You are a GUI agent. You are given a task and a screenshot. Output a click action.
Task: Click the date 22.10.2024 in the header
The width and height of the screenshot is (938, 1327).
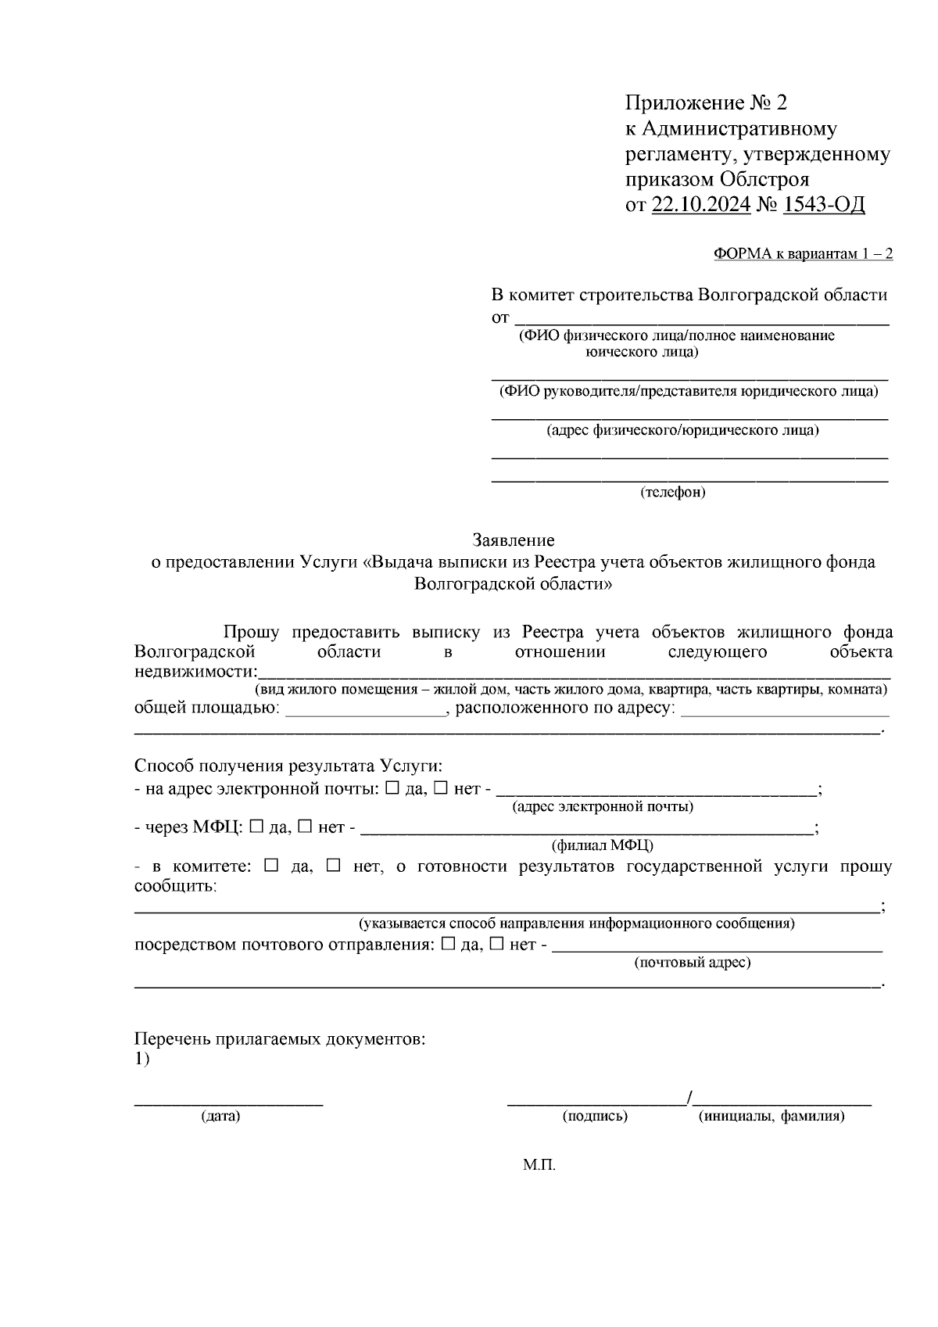[x=700, y=205]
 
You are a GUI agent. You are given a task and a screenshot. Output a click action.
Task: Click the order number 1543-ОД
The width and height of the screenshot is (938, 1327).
[x=824, y=205]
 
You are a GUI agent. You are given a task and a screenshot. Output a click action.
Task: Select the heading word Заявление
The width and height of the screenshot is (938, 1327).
[x=514, y=540]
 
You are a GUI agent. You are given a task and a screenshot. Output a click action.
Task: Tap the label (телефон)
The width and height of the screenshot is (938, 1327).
[x=673, y=493]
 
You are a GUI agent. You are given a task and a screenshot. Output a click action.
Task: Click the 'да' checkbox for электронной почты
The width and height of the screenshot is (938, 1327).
[x=392, y=788]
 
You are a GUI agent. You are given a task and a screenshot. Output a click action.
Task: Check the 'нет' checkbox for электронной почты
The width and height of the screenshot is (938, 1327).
[x=440, y=788]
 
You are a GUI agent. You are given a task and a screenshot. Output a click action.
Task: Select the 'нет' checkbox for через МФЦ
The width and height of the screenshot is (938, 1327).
[x=305, y=827]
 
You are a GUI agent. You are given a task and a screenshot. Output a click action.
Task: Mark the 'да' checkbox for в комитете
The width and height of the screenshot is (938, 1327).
[x=271, y=866]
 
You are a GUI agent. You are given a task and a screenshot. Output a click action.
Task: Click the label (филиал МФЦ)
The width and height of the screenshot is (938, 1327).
[x=603, y=845]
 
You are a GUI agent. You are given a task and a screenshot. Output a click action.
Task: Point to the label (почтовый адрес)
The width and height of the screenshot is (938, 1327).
[x=692, y=963]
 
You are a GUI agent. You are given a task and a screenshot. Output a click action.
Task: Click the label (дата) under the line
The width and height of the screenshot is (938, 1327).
[x=220, y=1117]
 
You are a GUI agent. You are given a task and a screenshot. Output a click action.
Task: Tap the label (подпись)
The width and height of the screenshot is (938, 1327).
[x=595, y=1117]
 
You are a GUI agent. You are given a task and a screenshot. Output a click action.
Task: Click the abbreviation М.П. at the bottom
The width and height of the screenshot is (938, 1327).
[x=539, y=1166]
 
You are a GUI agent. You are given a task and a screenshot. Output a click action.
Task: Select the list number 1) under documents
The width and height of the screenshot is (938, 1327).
[x=141, y=1060]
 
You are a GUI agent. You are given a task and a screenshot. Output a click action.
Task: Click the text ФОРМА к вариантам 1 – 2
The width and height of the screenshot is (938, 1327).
[x=803, y=255]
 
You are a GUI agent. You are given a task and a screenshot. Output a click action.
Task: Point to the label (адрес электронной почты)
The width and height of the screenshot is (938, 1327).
[x=603, y=807]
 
